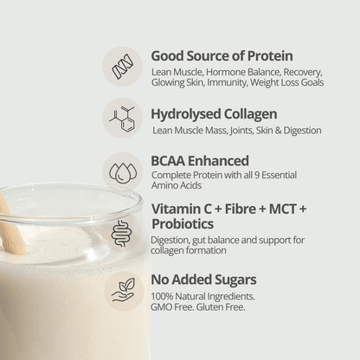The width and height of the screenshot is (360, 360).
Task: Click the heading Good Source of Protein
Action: coord(222,55)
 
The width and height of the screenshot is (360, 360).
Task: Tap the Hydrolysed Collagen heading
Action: coord(214,113)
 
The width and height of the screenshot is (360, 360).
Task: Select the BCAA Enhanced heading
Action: coord(200,160)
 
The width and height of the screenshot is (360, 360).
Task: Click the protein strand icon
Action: coord(123,66)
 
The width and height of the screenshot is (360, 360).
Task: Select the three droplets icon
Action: coord(123,171)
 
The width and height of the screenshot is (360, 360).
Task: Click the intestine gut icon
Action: coord(123,232)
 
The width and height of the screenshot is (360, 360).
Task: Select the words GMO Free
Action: coord(170,307)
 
